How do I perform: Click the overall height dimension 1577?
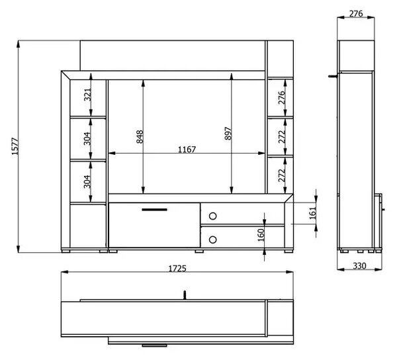point(15,146)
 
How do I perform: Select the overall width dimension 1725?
point(177,269)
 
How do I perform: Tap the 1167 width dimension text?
point(187,150)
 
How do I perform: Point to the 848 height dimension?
point(140,137)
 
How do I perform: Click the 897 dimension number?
point(228,134)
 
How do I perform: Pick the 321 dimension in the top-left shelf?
point(87,95)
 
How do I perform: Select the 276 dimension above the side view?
point(356,14)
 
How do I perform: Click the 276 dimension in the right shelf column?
point(282,97)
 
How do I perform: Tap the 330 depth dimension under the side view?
point(359,266)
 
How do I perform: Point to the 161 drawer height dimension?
point(313,212)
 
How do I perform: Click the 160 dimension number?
point(261,235)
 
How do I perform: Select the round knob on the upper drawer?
point(212,216)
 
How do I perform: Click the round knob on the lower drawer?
point(212,240)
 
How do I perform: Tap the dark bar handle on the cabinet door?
point(154,210)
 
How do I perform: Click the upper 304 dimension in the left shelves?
point(87,138)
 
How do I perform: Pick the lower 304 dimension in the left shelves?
point(87,181)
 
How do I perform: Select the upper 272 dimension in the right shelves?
point(282,137)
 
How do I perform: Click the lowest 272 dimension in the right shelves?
point(282,175)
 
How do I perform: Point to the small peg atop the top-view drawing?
point(185,295)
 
